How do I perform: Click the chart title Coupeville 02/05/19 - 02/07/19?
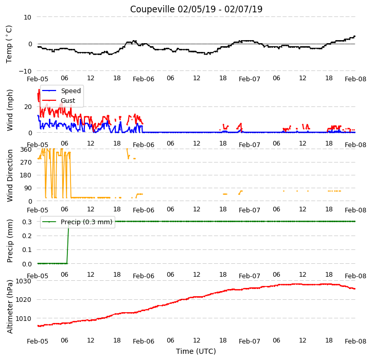196,9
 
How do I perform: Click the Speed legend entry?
61,91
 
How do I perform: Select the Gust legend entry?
59,101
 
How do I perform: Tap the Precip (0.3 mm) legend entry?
77,222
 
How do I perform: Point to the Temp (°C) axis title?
9,44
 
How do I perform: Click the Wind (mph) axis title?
9,110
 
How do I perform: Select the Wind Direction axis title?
9,176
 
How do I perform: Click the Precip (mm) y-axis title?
9,241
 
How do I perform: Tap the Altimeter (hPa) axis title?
9,307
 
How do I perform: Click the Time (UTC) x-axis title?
196,351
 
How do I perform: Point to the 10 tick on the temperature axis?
27,17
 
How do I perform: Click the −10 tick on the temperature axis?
25,71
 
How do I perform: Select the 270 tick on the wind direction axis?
26,163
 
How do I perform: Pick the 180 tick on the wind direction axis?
26,175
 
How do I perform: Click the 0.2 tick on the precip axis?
27,236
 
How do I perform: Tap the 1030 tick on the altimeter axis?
24,281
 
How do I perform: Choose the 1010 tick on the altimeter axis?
24,318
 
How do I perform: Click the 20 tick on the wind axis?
28,107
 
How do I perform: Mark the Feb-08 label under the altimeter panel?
356,341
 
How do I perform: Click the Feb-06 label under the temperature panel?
144,79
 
